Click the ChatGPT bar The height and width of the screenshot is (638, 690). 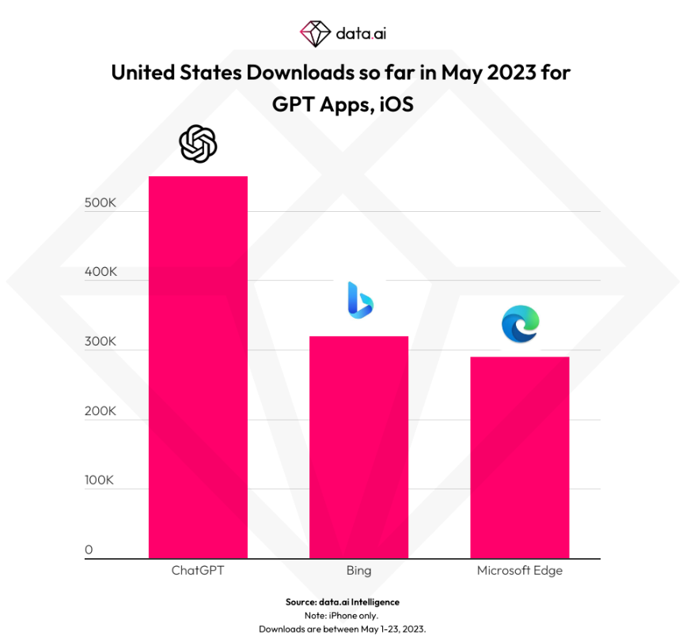[x=198, y=367]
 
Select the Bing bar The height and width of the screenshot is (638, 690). [x=358, y=447]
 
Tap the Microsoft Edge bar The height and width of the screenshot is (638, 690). [x=520, y=457]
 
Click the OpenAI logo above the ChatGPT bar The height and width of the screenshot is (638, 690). [x=198, y=144]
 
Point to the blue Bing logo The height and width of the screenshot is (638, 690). [x=360, y=300]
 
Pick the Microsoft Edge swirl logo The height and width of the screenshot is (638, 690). [x=521, y=324]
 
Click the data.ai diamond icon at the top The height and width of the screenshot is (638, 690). [x=315, y=33]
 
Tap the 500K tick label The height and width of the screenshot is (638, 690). [x=100, y=202]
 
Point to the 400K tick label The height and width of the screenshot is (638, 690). [x=100, y=272]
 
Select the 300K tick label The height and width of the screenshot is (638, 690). [x=100, y=342]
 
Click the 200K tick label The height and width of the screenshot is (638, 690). [x=100, y=410]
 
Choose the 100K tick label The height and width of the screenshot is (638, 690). [x=99, y=480]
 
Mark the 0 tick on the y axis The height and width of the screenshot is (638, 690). [x=89, y=549]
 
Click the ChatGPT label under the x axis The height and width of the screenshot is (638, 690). [x=198, y=570]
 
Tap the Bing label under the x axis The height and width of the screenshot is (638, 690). [x=358, y=571]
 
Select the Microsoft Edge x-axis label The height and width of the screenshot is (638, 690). [x=520, y=571]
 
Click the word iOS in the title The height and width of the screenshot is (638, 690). [x=396, y=104]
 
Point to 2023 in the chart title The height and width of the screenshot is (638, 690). [x=511, y=73]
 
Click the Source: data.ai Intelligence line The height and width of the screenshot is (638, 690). [x=343, y=602]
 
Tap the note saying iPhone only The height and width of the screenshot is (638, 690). [x=342, y=616]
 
